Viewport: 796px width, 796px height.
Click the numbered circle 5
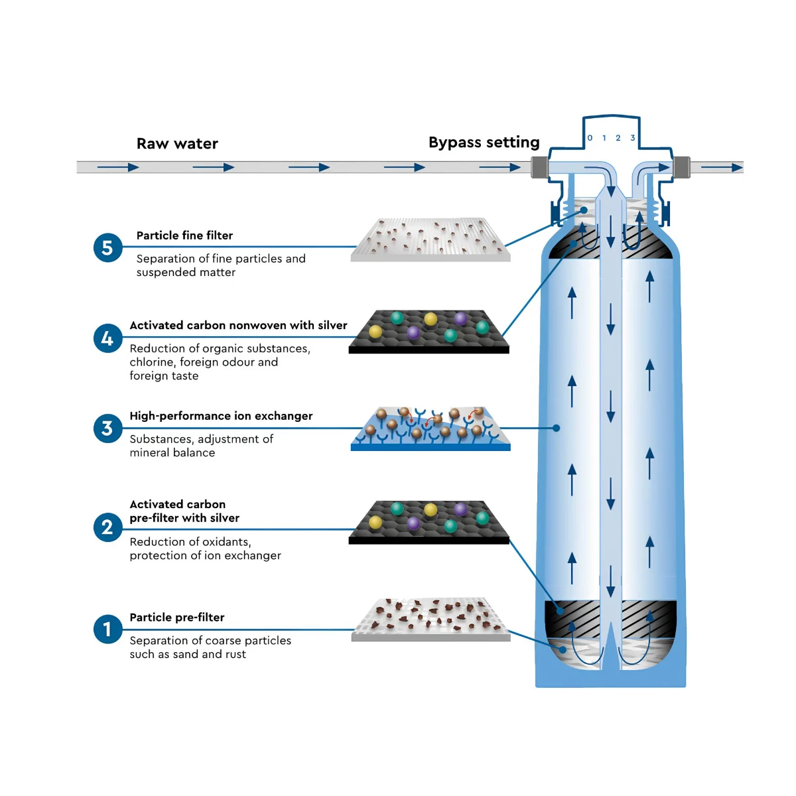107,247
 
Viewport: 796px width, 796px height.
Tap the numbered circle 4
107,338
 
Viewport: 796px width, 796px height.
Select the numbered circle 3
107,429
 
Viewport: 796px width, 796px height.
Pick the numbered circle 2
107,527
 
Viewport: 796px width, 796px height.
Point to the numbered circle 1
107,629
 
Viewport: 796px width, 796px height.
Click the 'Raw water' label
177,144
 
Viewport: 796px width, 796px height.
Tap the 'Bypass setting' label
484,143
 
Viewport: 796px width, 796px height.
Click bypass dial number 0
590,137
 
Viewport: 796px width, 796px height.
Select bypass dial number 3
632,137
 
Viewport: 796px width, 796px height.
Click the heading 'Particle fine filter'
184,235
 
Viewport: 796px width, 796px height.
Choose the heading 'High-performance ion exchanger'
221,416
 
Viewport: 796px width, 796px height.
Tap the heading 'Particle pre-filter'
177,617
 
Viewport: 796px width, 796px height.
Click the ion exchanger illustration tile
431,429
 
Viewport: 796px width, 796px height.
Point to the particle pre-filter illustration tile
431,620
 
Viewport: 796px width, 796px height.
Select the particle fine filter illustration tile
431,239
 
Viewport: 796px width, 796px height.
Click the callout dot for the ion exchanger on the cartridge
557,428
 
